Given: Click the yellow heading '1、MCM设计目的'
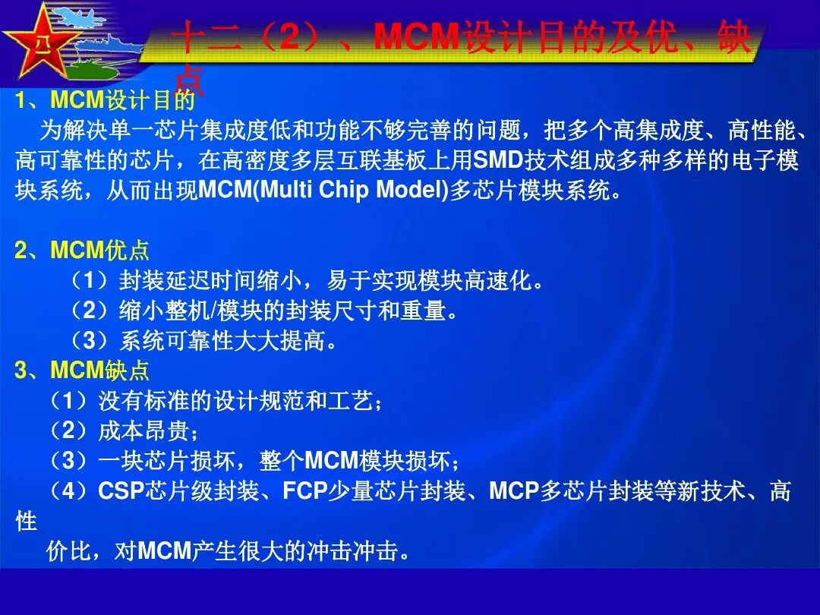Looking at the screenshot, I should click(104, 100).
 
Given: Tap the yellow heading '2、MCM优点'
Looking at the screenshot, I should click(82, 251).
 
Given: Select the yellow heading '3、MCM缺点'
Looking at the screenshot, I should click(82, 371).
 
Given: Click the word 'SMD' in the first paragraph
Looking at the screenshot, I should click(494, 161).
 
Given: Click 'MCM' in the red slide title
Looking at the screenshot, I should click(417, 38).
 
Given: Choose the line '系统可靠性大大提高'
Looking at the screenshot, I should click(205, 342).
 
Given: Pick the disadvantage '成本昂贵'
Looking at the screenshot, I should click(125, 431).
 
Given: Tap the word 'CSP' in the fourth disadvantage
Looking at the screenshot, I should click(121, 491).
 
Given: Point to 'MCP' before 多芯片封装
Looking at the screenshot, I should click(513, 491).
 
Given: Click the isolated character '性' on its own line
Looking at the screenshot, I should click(26, 522).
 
